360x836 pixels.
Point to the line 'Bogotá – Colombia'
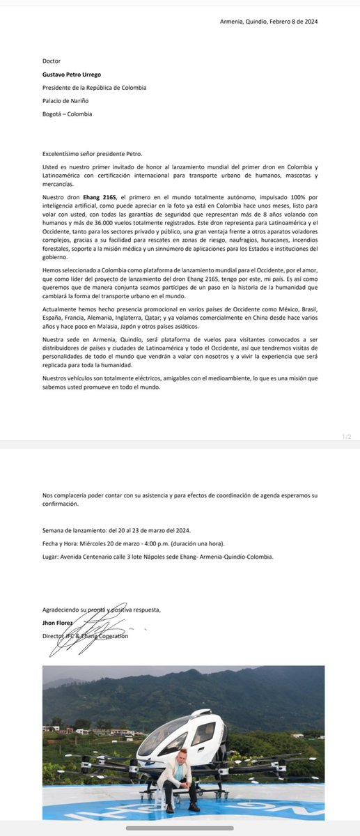pyautogui.click(x=67, y=114)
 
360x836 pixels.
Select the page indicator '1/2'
pyautogui.click(x=347, y=436)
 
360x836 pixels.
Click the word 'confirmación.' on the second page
pyautogui.click(x=61, y=504)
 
